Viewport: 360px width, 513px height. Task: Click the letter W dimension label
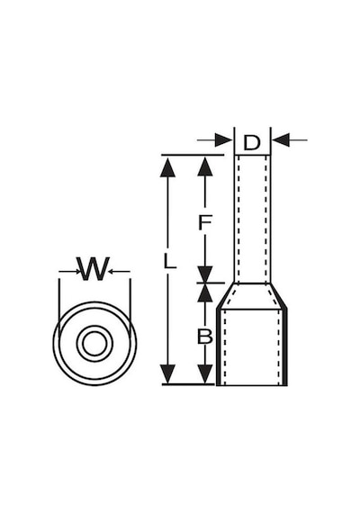point(93,269)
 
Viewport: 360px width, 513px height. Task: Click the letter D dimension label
point(252,142)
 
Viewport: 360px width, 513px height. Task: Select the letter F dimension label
point(205,222)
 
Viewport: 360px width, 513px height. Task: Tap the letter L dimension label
point(169,262)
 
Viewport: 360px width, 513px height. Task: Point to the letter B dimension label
point(205,336)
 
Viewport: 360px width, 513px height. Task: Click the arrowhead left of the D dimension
point(224,140)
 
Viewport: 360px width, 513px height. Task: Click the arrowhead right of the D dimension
point(282,140)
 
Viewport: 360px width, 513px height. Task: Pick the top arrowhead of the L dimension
point(168,166)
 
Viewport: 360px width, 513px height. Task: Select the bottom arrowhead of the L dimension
point(168,373)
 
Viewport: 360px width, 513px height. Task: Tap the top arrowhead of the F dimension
point(205,166)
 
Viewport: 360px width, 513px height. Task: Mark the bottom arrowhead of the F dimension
point(205,274)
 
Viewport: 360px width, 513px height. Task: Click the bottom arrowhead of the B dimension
point(205,373)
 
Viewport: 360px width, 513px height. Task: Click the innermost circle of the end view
point(94,344)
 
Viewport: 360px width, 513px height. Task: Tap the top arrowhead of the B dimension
point(205,292)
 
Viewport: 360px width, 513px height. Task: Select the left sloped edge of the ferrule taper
point(226,295)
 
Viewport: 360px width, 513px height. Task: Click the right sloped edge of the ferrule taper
point(278,295)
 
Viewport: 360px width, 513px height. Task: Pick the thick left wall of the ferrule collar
point(219,346)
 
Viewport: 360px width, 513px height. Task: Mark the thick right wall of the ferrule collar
point(285,346)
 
